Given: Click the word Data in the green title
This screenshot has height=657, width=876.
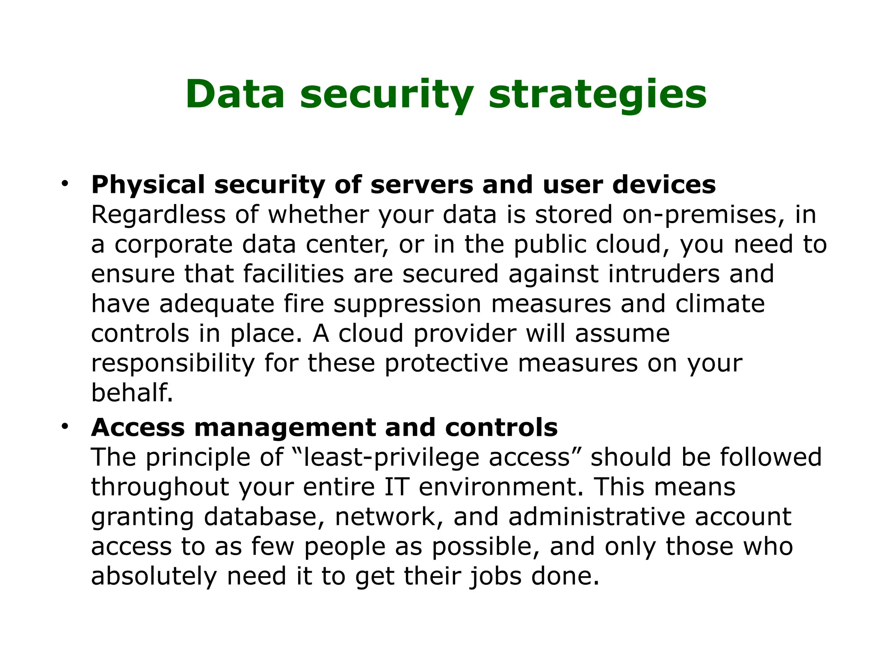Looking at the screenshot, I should click(x=235, y=95).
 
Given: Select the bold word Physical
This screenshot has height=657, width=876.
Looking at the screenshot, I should click(x=148, y=185).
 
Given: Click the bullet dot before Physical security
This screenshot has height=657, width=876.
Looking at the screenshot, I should click(x=65, y=184).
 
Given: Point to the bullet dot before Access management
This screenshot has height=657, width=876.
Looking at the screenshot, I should click(x=65, y=426).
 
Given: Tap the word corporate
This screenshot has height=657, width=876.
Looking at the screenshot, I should click(x=173, y=245).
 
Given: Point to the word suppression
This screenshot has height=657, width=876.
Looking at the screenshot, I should click(x=408, y=304).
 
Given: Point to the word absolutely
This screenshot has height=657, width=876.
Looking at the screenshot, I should click(x=154, y=576).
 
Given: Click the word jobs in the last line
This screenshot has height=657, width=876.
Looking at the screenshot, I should click(x=496, y=576).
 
